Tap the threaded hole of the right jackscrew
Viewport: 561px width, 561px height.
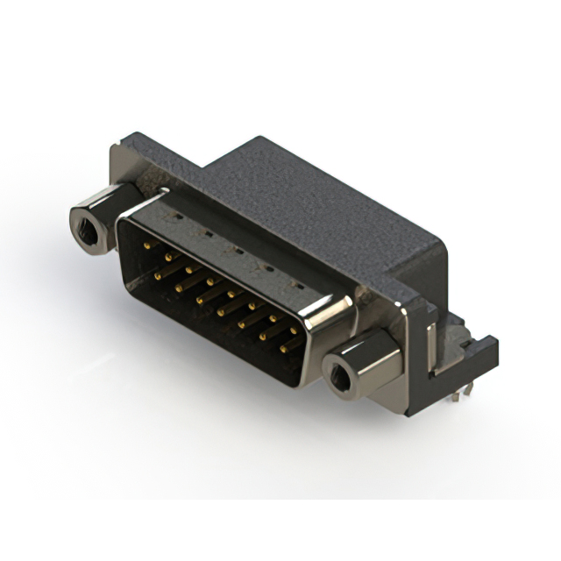[339, 376]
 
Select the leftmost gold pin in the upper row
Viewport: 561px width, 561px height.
[146, 246]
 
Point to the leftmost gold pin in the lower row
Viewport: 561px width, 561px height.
[159, 274]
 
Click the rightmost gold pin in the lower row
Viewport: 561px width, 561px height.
[285, 348]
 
